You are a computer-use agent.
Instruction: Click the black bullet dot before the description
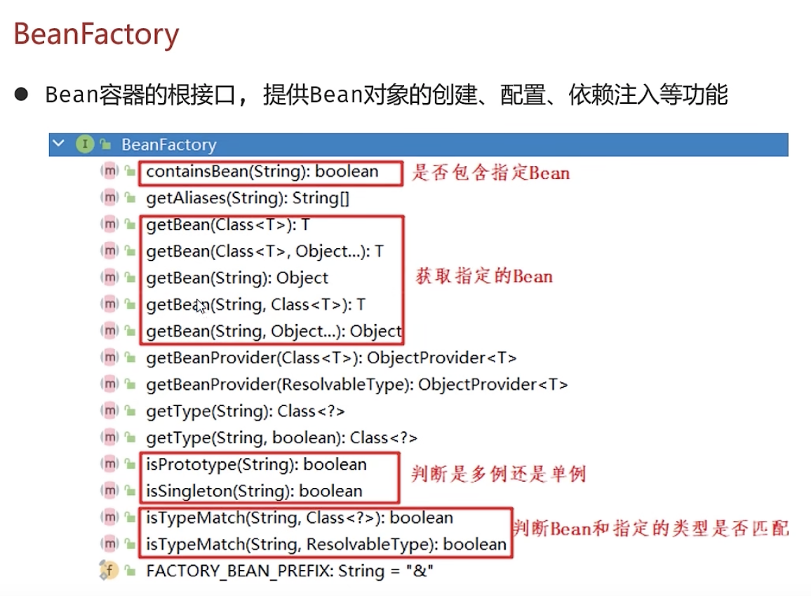pos(21,94)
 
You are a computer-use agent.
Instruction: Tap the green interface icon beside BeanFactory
pos(85,144)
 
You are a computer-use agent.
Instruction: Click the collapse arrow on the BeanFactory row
pos(59,144)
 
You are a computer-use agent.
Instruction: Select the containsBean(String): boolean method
pos(262,171)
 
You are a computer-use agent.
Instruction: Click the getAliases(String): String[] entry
pos(247,198)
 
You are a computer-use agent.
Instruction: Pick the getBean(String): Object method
pos(237,278)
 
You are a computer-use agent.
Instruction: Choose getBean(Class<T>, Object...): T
pos(264,251)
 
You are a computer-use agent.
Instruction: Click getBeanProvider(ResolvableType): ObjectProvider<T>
pos(356,384)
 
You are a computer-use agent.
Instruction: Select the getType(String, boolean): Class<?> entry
pos(281,438)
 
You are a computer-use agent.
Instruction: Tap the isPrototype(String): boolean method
pos(256,464)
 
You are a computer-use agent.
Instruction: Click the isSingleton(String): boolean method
pos(254,491)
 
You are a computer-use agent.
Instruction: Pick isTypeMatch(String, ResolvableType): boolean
pos(326,544)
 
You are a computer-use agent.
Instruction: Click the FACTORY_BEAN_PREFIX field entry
pos(290,571)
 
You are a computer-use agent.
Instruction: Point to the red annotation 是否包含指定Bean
pos(490,172)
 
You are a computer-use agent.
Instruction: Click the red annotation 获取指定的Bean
pos(484,276)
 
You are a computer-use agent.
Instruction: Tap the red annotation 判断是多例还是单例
pos(498,475)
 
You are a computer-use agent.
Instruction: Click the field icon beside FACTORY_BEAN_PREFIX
pos(108,570)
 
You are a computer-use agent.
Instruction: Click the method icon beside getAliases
pos(109,198)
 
